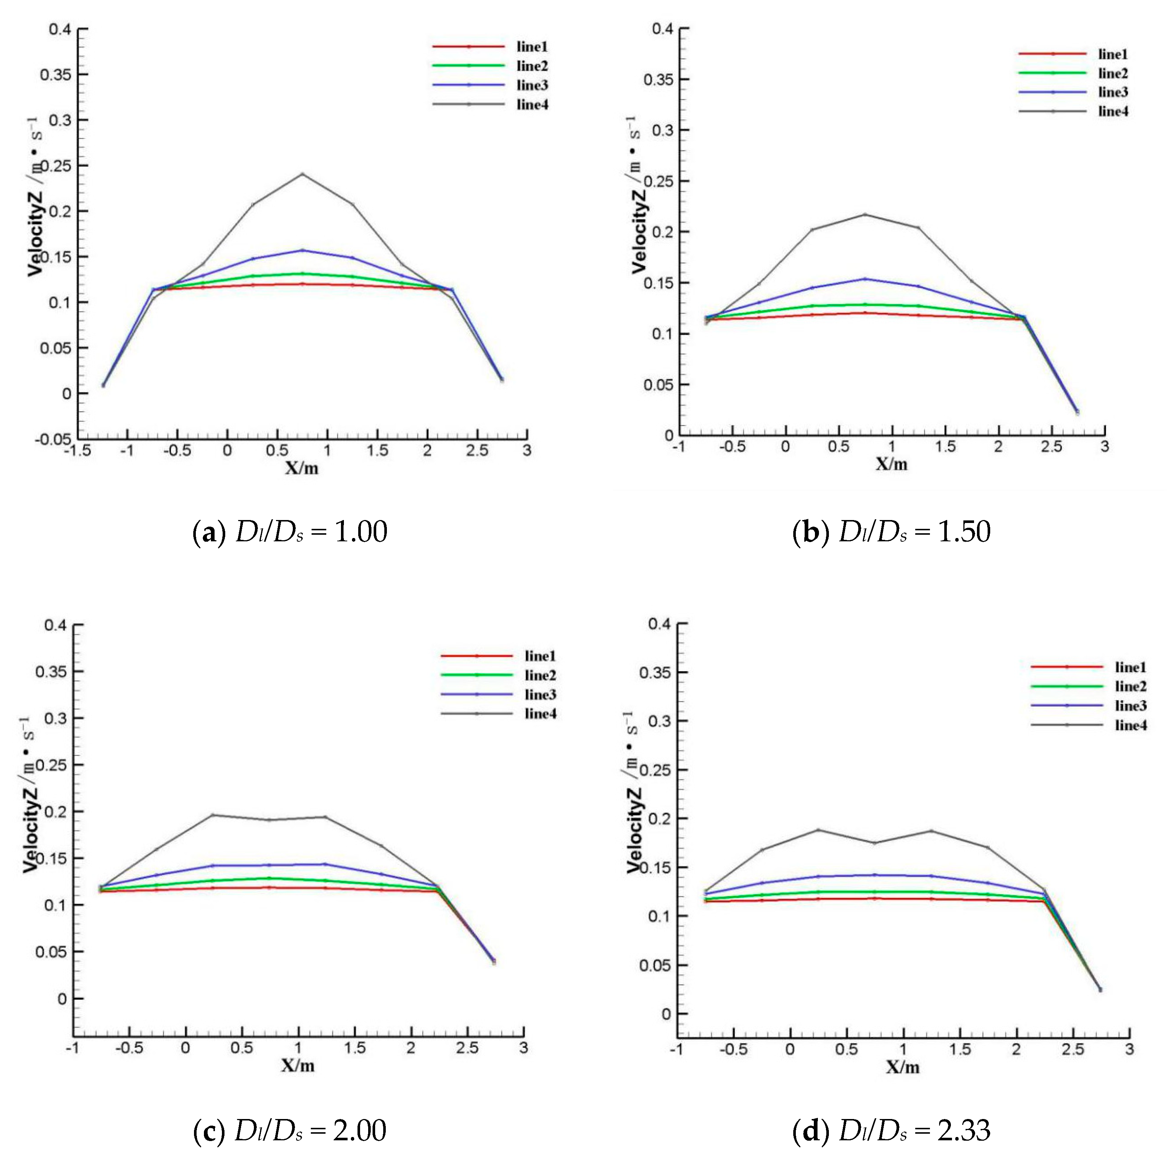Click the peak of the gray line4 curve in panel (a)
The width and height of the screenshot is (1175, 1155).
302,174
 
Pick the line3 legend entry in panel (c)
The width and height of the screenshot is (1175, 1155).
540,694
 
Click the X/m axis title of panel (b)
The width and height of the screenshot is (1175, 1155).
891,465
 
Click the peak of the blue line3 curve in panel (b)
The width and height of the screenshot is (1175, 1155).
865,279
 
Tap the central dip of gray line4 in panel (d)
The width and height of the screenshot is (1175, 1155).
874,842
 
